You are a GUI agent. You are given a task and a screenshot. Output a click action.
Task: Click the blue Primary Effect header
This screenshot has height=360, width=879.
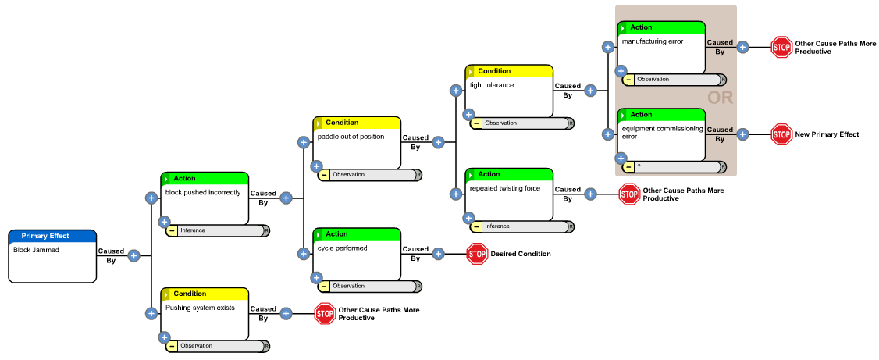[x=52, y=236]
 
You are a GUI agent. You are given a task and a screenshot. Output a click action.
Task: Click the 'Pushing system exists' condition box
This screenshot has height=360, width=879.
[x=204, y=315]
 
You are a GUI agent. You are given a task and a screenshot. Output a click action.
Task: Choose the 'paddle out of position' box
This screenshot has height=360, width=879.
[x=357, y=145]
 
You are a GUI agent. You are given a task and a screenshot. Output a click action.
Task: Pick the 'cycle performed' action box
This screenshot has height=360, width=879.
[x=357, y=256]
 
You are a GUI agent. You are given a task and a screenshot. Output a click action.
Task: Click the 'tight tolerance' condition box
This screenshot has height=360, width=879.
[x=509, y=93]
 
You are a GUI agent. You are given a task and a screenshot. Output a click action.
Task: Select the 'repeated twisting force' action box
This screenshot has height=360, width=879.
[x=509, y=197]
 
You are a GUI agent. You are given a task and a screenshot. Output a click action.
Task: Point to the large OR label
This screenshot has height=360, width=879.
[x=720, y=98]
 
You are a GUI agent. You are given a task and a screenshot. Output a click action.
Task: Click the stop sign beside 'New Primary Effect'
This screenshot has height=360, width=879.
[x=781, y=134]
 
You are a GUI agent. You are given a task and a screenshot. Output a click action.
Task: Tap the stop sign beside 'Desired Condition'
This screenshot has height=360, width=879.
[x=477, y=254]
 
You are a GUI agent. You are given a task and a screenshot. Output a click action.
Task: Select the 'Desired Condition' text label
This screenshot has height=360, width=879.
[x=520, y=254]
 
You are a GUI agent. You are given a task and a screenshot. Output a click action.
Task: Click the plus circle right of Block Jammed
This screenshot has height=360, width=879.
[x=133, y=255]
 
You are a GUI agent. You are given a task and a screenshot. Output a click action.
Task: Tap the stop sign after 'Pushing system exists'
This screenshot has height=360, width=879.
[x=325, y=314]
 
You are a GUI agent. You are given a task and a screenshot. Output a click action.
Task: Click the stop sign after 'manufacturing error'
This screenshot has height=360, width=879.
[x=781, y=47]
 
